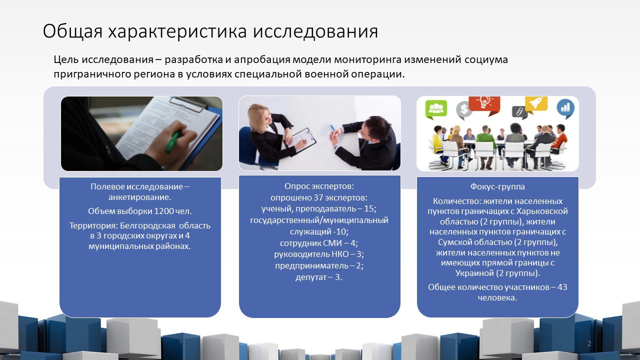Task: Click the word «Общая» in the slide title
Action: tap(72, 31)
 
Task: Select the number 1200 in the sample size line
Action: tap(164, 211)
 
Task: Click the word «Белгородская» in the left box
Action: tap(147, 225)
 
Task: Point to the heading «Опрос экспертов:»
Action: tap(319, 186)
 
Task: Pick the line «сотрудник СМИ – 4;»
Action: tap(319, 243)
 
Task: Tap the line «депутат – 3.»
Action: tap(319, 277)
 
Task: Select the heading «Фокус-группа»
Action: tap(497, 186)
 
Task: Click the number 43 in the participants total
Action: tap(562, 287)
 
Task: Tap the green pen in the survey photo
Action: tap(173, 141)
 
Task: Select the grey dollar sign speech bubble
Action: tap(463, 110)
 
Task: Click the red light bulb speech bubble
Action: tap(485, 104)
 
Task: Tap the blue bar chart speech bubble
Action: tap(565, 108)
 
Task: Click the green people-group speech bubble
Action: tap(436, 109)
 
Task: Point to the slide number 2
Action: tap(589, 343)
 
